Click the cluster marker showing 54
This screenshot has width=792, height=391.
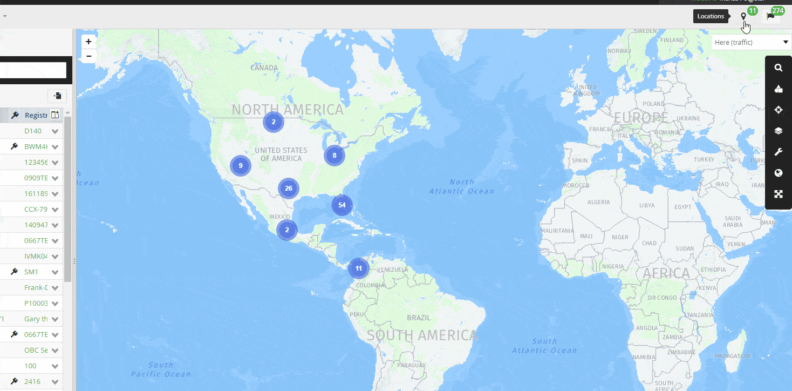pos(342,205)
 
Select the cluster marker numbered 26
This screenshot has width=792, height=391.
pos(289,188)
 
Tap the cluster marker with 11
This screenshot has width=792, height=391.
pos(358,268)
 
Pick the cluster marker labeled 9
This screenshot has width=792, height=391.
pos(241,166)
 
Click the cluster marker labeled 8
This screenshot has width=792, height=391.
pos(334,156)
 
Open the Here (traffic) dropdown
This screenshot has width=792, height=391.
pos(751,42)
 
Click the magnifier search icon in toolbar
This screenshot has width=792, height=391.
pos(778,68)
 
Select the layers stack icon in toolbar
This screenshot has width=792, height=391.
pos(778,131)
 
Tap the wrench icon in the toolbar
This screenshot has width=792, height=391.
pos(778,152)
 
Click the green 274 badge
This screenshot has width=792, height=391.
pos(777,10)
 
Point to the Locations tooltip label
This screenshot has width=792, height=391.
pos(711,16)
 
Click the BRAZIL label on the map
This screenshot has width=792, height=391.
pos(419,318)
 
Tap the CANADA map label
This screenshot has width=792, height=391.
pos(264,68)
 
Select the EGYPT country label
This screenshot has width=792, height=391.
pos(682,207)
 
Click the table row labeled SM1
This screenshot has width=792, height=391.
pos(31,272)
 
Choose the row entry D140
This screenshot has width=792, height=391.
pos(32,131)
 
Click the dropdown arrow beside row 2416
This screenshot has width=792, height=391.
pos(55,382)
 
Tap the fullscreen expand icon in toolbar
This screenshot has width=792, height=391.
pos(778,194)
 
